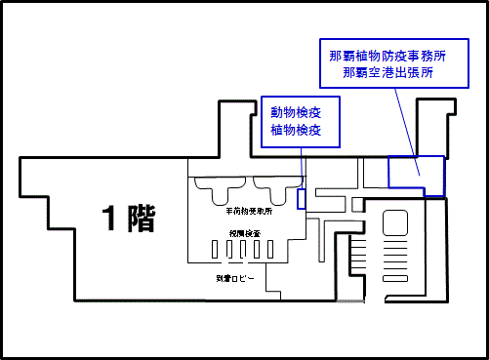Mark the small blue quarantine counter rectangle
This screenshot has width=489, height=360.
pyautogui.click(x=301, y=198)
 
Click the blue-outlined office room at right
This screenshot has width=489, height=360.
pyautogui.click(x=415, y=174)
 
